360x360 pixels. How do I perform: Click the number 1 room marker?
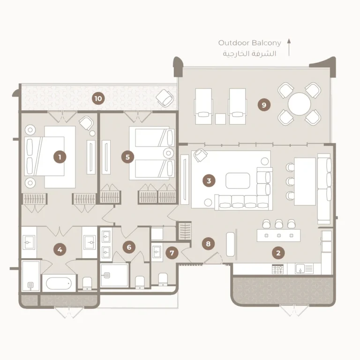60,157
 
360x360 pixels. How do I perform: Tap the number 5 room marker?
127,157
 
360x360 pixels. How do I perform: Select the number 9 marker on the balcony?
264,105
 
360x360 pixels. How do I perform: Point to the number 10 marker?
98,98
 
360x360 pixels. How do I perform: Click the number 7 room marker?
172,253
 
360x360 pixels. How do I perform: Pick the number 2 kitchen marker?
278,253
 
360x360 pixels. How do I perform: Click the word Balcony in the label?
267,43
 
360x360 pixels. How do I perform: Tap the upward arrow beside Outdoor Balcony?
289,47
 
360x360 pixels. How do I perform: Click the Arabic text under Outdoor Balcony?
249,53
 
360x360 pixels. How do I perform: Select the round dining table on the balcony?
300,104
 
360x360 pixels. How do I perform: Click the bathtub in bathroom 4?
59,283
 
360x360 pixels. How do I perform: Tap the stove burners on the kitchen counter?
278,269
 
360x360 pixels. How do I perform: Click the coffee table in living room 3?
238,180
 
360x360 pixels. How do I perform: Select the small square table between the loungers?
220,119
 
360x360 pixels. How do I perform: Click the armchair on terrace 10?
165,98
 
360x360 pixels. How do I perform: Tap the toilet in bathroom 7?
163,279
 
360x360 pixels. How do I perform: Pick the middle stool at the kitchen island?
279,224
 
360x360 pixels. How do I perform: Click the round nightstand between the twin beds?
169,153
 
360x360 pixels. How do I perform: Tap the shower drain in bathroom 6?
106,275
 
